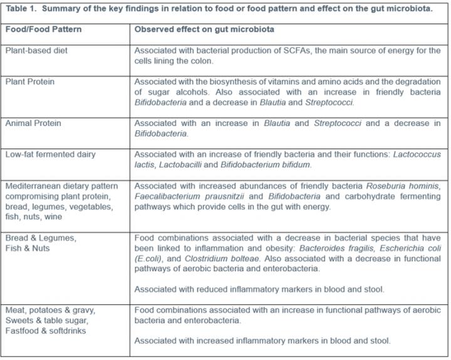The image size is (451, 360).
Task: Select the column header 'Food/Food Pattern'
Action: (43, 29)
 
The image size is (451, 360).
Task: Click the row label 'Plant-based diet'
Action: (37, 51)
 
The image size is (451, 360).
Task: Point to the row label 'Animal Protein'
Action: (33, 123)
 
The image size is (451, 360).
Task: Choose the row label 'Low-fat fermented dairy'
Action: (50, 154)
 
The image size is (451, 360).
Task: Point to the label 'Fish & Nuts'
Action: (28, 248)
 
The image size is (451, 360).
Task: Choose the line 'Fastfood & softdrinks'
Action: (46, 331)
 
